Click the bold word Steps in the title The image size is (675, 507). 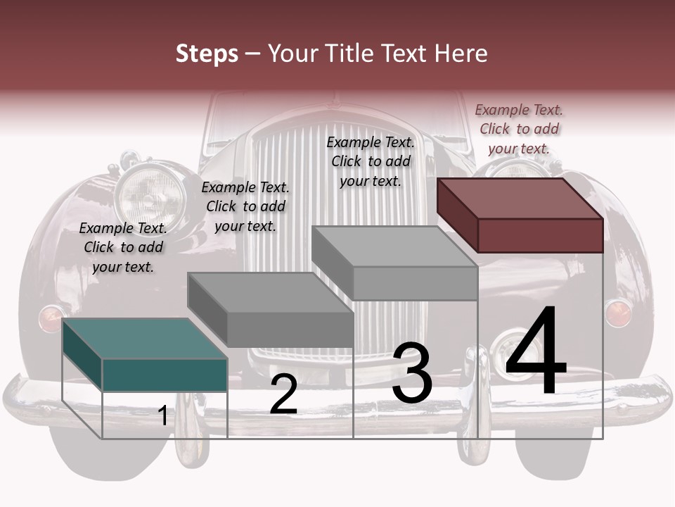point(207,54)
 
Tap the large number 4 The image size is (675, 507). point(536,352)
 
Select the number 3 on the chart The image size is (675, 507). point(412,373)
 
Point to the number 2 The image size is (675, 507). point(283,394)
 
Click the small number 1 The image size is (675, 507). point(163,416)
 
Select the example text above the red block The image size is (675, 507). point(519,130)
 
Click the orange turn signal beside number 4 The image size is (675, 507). point(618,313)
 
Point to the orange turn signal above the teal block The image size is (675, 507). point(51,318)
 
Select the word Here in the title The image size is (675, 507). point(461,54)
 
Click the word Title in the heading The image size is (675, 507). point(351,54)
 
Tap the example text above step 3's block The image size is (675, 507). point(371,162)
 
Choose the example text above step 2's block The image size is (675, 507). point(245,207)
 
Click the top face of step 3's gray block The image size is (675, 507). point(394,246)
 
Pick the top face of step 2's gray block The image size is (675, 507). point(270,293)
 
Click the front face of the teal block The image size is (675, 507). point(165,375)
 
